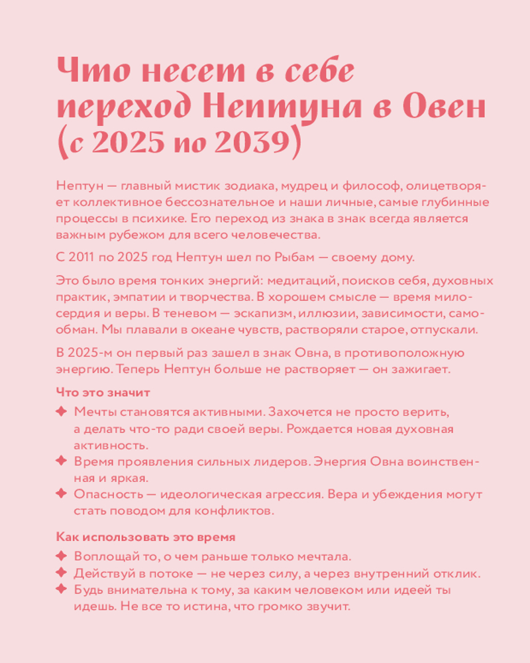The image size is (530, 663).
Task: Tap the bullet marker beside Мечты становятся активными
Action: [61, 412]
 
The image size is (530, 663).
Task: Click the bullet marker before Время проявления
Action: [61, 461]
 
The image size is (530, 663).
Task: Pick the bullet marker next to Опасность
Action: [61, 494]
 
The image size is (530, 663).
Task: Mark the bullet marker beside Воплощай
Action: [61, 555]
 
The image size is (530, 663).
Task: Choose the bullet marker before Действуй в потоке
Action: [61, 572]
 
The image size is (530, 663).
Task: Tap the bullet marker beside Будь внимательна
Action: [61, 589]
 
